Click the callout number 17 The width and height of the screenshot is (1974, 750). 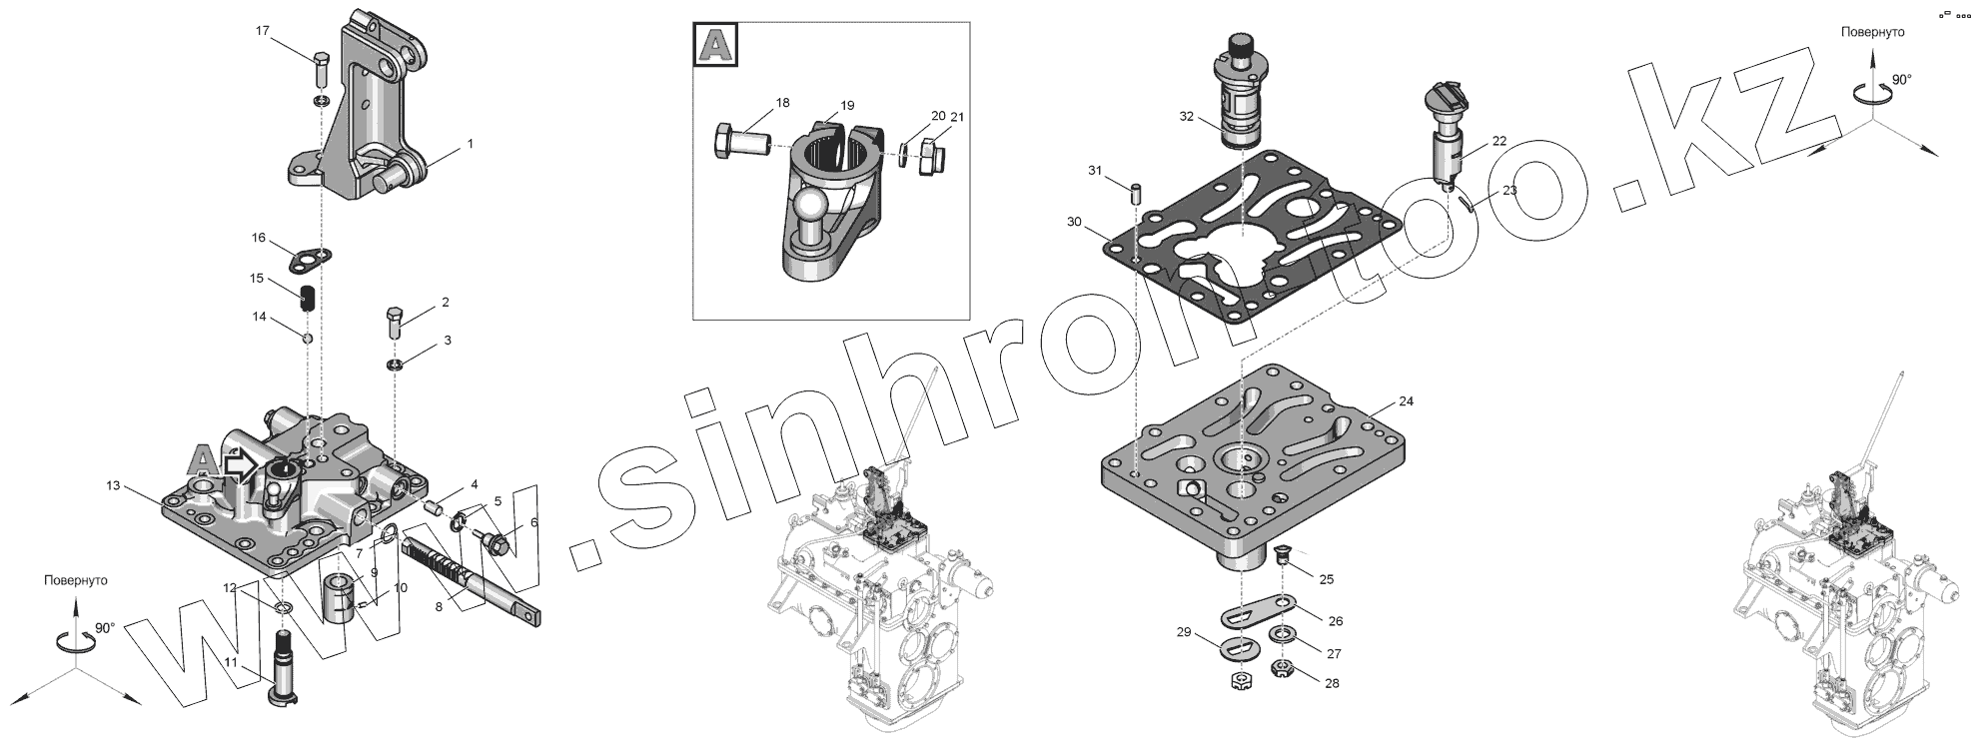tap(263, 31)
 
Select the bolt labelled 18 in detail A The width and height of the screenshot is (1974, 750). tap(740, 140)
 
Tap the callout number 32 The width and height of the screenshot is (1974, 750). tap(1186, 116)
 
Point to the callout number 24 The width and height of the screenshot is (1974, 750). tap(1406, 401)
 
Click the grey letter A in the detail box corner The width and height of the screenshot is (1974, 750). tap(715, 46)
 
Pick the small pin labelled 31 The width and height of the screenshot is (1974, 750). tap(1136, 193)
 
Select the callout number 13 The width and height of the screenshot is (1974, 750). tap(113, 485)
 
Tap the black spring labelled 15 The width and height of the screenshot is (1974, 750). tap(309, 298)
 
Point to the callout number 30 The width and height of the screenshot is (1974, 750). tap(1074, 221)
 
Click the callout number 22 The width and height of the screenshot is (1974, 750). tap(1499, 141)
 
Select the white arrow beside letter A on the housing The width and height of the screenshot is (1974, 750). tap(240, 463)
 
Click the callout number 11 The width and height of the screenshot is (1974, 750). tap(231, 662)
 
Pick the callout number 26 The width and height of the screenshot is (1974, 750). tap(1336, 620)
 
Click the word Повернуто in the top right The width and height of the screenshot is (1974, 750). tap(1872, 32)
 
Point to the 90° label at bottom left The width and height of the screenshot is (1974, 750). tap(105, 627)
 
